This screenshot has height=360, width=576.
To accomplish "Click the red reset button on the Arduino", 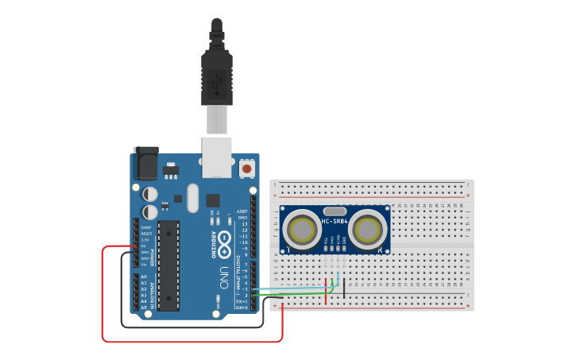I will [x=247, y=168].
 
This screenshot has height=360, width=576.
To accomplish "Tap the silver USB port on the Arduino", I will [x=217, y=156].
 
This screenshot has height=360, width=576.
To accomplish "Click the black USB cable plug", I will [x=217, y=76].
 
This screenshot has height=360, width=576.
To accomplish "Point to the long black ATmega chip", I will [x=169, y=265].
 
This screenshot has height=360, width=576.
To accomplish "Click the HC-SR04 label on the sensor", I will [x=334, y=221].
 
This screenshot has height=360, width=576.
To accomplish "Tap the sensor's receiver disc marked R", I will [x=368, y=230].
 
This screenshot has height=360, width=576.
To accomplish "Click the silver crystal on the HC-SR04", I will [x=335, y=211].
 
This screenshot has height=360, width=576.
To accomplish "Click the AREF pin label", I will [x=242, y=211].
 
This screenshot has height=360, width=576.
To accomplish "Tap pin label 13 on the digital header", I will [x=243, y=224].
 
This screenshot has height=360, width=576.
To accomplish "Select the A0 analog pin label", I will [x=143, y=277].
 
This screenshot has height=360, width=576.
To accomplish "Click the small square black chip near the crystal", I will [x=213, y=199].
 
